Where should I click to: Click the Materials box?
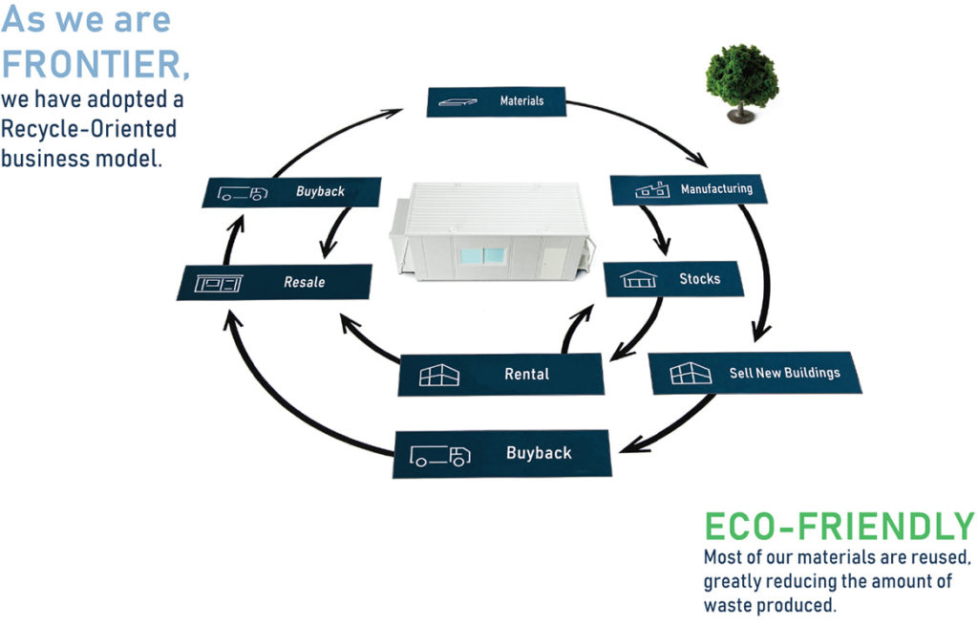coord(496,100)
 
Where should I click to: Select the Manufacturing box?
coord(688,189)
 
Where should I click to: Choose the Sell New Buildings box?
coord(755,373)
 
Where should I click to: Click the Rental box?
coord(501,374)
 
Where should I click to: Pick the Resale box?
coord(274,282)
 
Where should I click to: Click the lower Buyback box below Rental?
coord(501,453)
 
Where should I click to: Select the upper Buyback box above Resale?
coord(292,191)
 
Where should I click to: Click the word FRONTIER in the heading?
coord(95,63)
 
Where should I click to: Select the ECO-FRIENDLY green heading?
coord(839,527)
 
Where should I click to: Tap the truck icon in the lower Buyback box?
coord(440,455)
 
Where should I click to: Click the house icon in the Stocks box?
coord(638,279)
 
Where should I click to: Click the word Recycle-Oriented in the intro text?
coord(89,129)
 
